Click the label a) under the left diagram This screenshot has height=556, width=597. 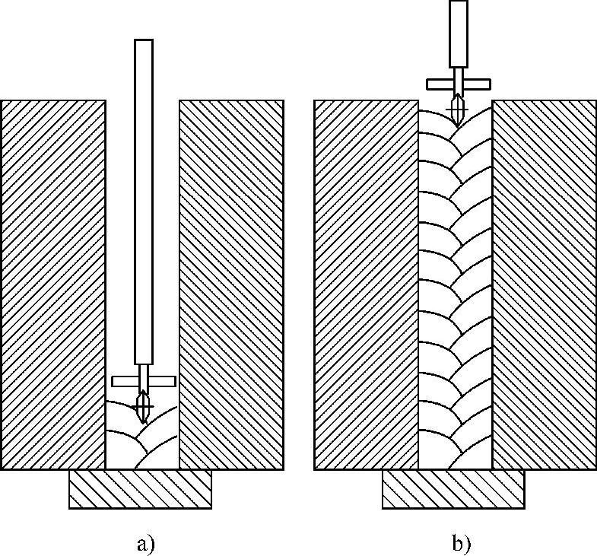coord(144,544)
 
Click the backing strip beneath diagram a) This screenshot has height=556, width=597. coord(141,489)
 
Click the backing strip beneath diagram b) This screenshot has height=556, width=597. coord(453,489)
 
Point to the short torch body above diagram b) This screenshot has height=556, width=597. coord(459,33)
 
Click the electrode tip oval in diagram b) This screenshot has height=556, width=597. coord(456,110)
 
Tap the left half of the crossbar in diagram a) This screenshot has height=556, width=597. coord(125,381)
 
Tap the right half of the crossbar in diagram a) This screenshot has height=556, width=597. coord(162,381)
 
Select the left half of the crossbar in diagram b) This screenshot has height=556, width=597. coord(439,83)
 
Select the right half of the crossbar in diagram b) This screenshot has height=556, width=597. coord(478,83)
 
